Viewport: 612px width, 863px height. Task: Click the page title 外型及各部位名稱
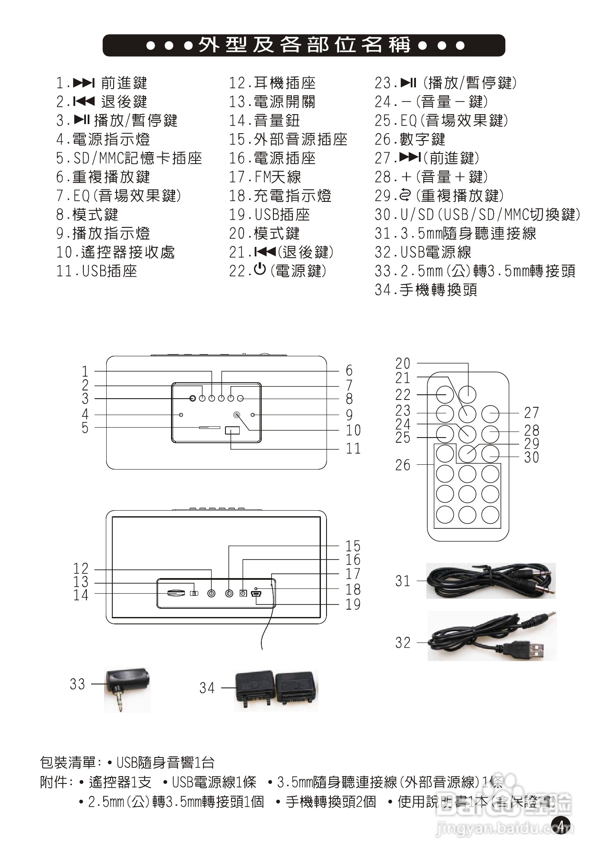(304, 45)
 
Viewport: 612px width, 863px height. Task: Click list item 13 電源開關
(272, 102)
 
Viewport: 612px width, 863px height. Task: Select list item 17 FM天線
(265, 177)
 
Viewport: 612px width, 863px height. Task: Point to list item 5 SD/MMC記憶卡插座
(129, 158)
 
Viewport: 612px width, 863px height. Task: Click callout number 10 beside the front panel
(353, 430)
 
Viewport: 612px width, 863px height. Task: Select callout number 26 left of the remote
(403, 465)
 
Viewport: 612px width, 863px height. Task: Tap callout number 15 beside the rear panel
(353, 546)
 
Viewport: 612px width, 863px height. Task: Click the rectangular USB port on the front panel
(232, 431)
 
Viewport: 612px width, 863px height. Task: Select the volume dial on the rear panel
(176, 593)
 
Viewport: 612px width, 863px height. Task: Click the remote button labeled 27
(490, 414)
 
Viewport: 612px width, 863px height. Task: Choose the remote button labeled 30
(490, 454)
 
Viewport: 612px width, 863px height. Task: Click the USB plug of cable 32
(530, 649)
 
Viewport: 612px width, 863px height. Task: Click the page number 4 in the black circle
(561, 825)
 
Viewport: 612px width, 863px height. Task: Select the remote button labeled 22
(444, 394)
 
